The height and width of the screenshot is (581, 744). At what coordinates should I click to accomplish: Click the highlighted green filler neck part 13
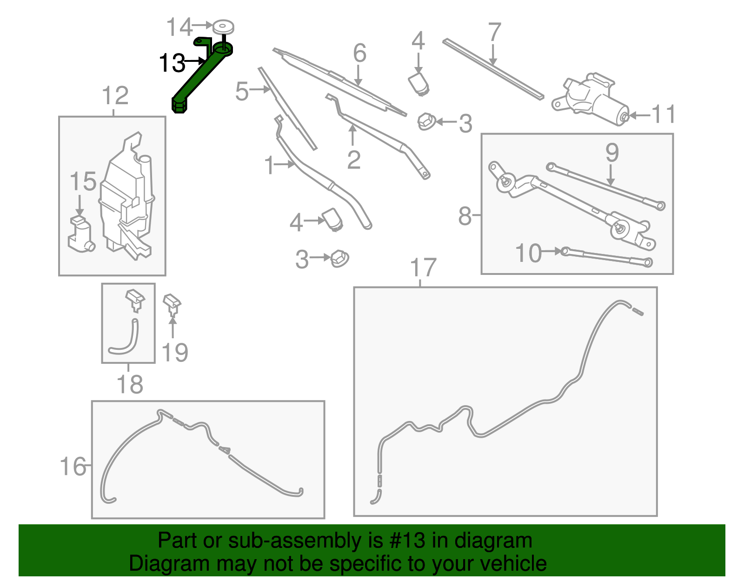200,77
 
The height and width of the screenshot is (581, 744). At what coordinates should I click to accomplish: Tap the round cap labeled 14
223,26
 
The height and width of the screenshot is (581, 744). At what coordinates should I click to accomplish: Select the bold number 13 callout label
172,63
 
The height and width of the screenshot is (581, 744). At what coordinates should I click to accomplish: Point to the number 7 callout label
494,33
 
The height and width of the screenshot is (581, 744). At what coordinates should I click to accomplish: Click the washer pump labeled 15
81,235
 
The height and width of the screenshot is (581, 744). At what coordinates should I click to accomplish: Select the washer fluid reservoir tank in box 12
126,200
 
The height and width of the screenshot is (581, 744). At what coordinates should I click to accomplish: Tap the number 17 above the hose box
423,268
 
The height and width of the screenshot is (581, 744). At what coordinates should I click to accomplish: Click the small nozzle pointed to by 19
172,303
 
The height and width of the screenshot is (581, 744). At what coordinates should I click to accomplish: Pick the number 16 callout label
73,467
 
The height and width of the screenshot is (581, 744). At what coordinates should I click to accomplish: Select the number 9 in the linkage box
612,153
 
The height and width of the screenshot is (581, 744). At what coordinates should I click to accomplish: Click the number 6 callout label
359,53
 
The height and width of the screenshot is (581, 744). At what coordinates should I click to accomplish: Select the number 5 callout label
242,91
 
